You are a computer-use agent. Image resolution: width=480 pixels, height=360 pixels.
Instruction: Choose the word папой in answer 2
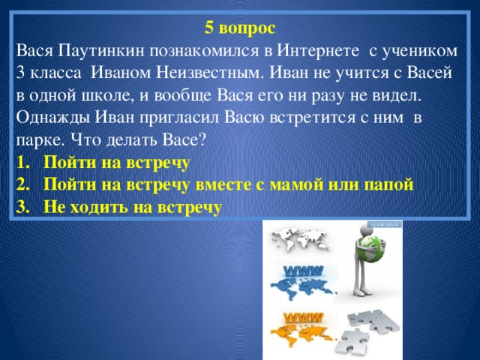390,184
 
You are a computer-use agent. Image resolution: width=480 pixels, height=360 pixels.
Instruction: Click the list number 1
22,162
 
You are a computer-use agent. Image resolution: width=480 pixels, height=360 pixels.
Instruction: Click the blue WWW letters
303,270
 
